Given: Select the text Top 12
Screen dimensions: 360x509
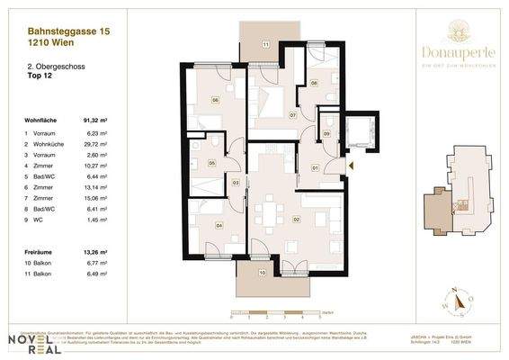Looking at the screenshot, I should pyautogui.click(x=40, y=76).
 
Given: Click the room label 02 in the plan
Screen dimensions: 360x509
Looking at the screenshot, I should pyautogui.click(x=295, y=219).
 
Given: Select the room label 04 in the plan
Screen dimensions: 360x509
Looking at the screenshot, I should pyautogui.click(x=219, y=226).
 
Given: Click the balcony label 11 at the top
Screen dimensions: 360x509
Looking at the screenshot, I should pyautogui.click(x=265, y=44).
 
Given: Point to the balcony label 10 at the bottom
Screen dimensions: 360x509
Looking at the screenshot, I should pyautogui.click(x=262, y=271).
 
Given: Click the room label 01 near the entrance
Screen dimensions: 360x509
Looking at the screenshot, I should pyautogui.click(x=315, y=167).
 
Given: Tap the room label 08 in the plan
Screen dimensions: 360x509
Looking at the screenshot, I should pyautogui.click(x=314, y=82).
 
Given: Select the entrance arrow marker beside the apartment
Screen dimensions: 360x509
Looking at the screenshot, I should pyautogui.click(x=351, y=165).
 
